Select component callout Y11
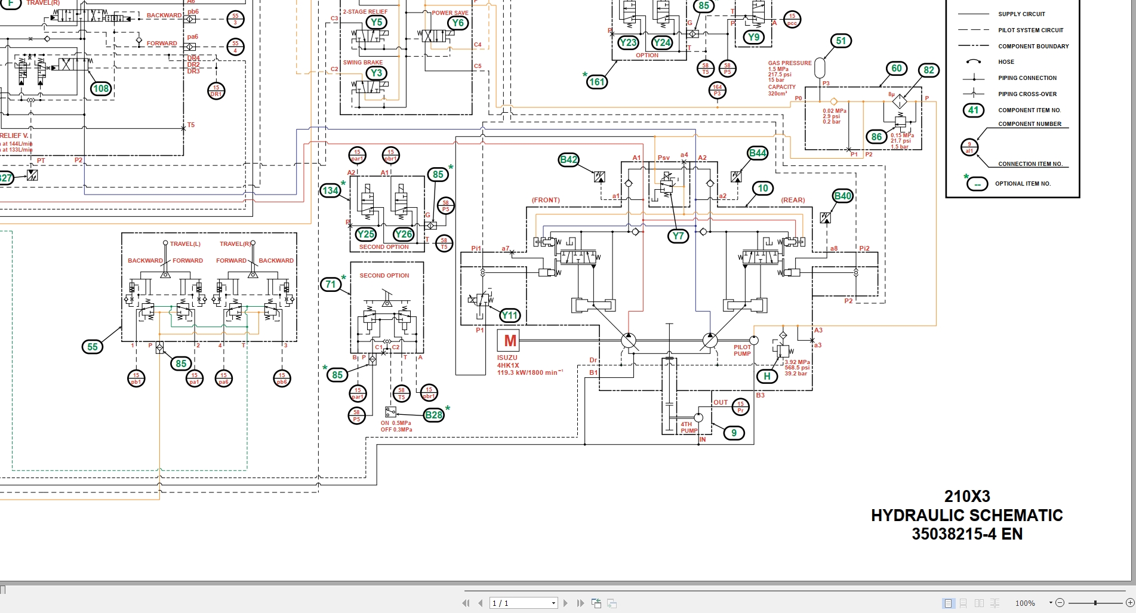tap(510, 316)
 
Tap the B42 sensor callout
tap(568, 159)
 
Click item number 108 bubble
tap(101, 89)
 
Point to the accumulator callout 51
tap(841, 41)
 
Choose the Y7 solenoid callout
tap(678, 236)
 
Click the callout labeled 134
tap(330, 190)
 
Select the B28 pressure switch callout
tap(434, 415)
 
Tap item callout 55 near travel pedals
tap(93, 347)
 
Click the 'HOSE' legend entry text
tap(1006, 62)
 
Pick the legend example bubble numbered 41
tap(973, 110)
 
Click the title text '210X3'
tap(967, 496)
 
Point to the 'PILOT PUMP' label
tap(742, 350)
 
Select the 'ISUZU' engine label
tap(507, 358)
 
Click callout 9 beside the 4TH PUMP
tap(734, 433)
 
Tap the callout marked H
tap(767, 376)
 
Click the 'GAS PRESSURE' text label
tap(789, 63)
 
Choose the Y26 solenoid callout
tap(404, 234)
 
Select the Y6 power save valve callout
tap(457, 23)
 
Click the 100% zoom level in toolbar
tap(1025, 603)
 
